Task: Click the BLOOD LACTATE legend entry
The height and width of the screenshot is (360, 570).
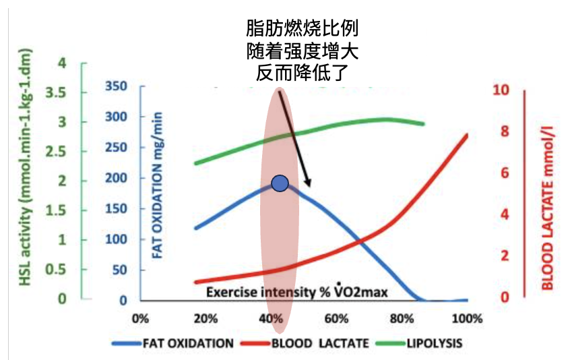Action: pyautogui.click(x=310, y=343)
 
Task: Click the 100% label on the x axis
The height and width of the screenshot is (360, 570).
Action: pyautogui.click(x=467, y=318)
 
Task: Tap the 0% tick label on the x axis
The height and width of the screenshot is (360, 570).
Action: pyautogui.click(x=141, y=318)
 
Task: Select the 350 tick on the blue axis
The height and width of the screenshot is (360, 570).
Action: pyautogui.click(x=117, y=86)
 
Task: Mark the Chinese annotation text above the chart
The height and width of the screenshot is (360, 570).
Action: pyautogui.click(x=301, y=49)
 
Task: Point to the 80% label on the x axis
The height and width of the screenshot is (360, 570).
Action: pyautogui.click(x=402, y=318)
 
